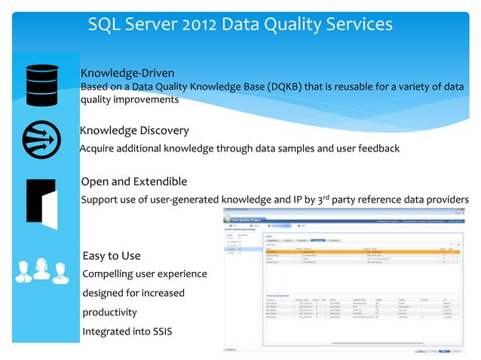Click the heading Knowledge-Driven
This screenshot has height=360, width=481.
point(127,73)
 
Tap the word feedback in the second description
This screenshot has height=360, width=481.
point(375,148)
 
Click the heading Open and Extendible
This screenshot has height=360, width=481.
point(133,182)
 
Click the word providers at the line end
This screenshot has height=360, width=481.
point(445,200)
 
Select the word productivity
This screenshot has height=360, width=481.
point(109,312)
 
